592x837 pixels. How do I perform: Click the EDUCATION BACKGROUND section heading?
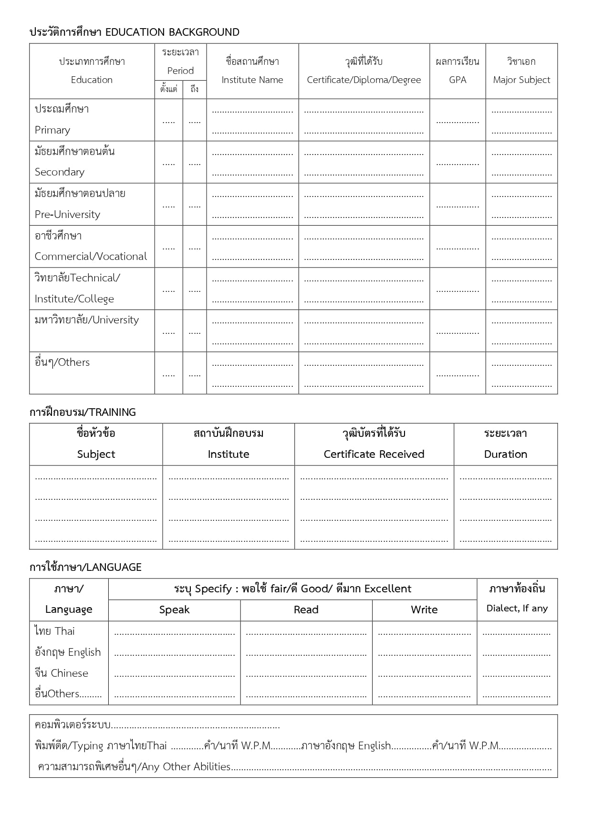coord(135,32)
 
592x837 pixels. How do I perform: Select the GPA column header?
coord(457,71)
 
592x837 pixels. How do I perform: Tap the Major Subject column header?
coord(521,71)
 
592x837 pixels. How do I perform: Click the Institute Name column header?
coord(252,71)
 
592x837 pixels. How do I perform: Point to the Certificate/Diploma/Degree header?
coord(364,71)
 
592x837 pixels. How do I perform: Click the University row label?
coord(87,320)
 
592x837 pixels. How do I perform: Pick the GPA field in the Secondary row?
coord(457,163)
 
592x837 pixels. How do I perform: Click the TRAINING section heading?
coord(83,412)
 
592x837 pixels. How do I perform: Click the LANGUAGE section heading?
coord(85,567)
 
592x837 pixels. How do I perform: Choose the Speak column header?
coord(174,610)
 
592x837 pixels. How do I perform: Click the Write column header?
coord(424,610)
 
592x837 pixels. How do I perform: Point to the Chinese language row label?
coord(62,673)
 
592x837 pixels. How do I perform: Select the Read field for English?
coord(306,654)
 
